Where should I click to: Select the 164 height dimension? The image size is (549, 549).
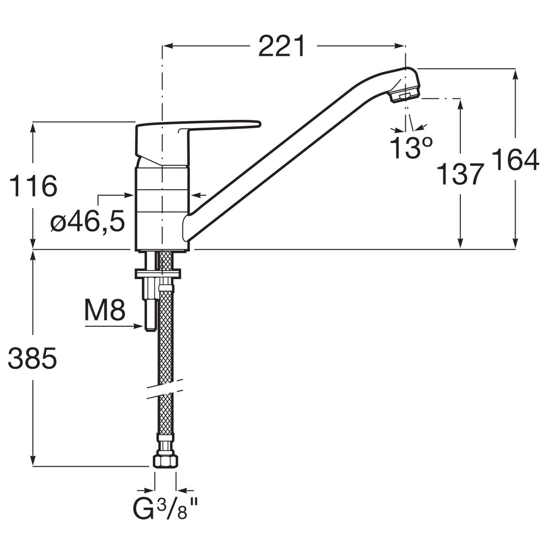[516, 160]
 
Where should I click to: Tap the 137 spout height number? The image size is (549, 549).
[460, 174]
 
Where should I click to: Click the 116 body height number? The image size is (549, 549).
[33, 186]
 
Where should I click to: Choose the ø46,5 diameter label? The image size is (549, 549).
[88, 221]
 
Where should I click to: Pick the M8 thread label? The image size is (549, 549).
[105, 310]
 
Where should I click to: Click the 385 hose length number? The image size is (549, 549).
[32, 358]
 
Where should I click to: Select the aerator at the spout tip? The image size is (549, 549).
[406, 96]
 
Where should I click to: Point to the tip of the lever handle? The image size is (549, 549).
[260, 124]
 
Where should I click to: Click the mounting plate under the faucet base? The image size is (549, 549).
[158, 274]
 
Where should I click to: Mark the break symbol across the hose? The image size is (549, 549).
[165, 389]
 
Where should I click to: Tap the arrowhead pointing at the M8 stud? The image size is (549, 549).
[139, 327]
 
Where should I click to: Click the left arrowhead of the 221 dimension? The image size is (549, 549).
[167, 46]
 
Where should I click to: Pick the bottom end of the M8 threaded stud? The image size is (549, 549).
[151, 330]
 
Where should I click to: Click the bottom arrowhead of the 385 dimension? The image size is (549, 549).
[33, 461]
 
